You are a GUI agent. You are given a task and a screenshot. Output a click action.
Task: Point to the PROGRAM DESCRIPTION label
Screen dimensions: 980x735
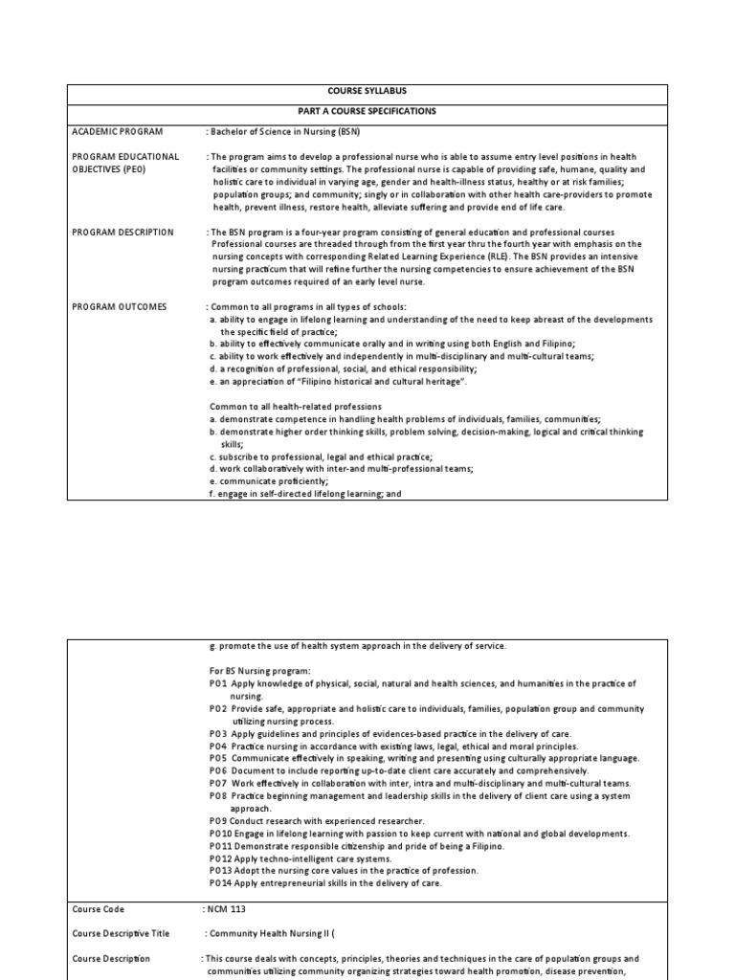tap(123, 232)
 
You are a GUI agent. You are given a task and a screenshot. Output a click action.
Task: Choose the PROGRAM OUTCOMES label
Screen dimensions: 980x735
tap(119, 306)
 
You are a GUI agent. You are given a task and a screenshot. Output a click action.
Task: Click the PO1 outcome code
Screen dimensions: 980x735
tap(219, 683)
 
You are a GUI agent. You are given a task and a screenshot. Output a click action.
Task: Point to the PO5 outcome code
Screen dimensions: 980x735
tap(219, 758)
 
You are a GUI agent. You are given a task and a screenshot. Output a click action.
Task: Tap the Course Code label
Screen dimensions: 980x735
tap(99, 908)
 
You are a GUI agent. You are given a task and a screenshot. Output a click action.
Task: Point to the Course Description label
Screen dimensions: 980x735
tap(109, 958)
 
